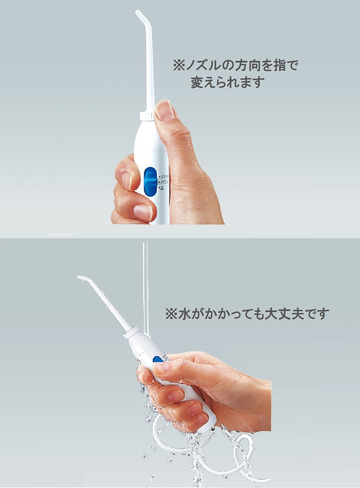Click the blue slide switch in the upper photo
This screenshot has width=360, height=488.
(x=150, y=181)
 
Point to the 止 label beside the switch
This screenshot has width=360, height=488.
(x=161, y=188)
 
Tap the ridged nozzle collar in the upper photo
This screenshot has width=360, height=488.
(x=146, y=116)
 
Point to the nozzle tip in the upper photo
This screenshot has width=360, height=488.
(x=137, y=13)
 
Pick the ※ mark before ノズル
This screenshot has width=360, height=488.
(x=179, y=66)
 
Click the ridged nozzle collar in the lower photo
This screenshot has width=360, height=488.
(x=131, y=332)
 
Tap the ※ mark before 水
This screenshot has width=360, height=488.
(x=171, y=314)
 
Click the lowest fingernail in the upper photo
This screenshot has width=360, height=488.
(x=142, y=212)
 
